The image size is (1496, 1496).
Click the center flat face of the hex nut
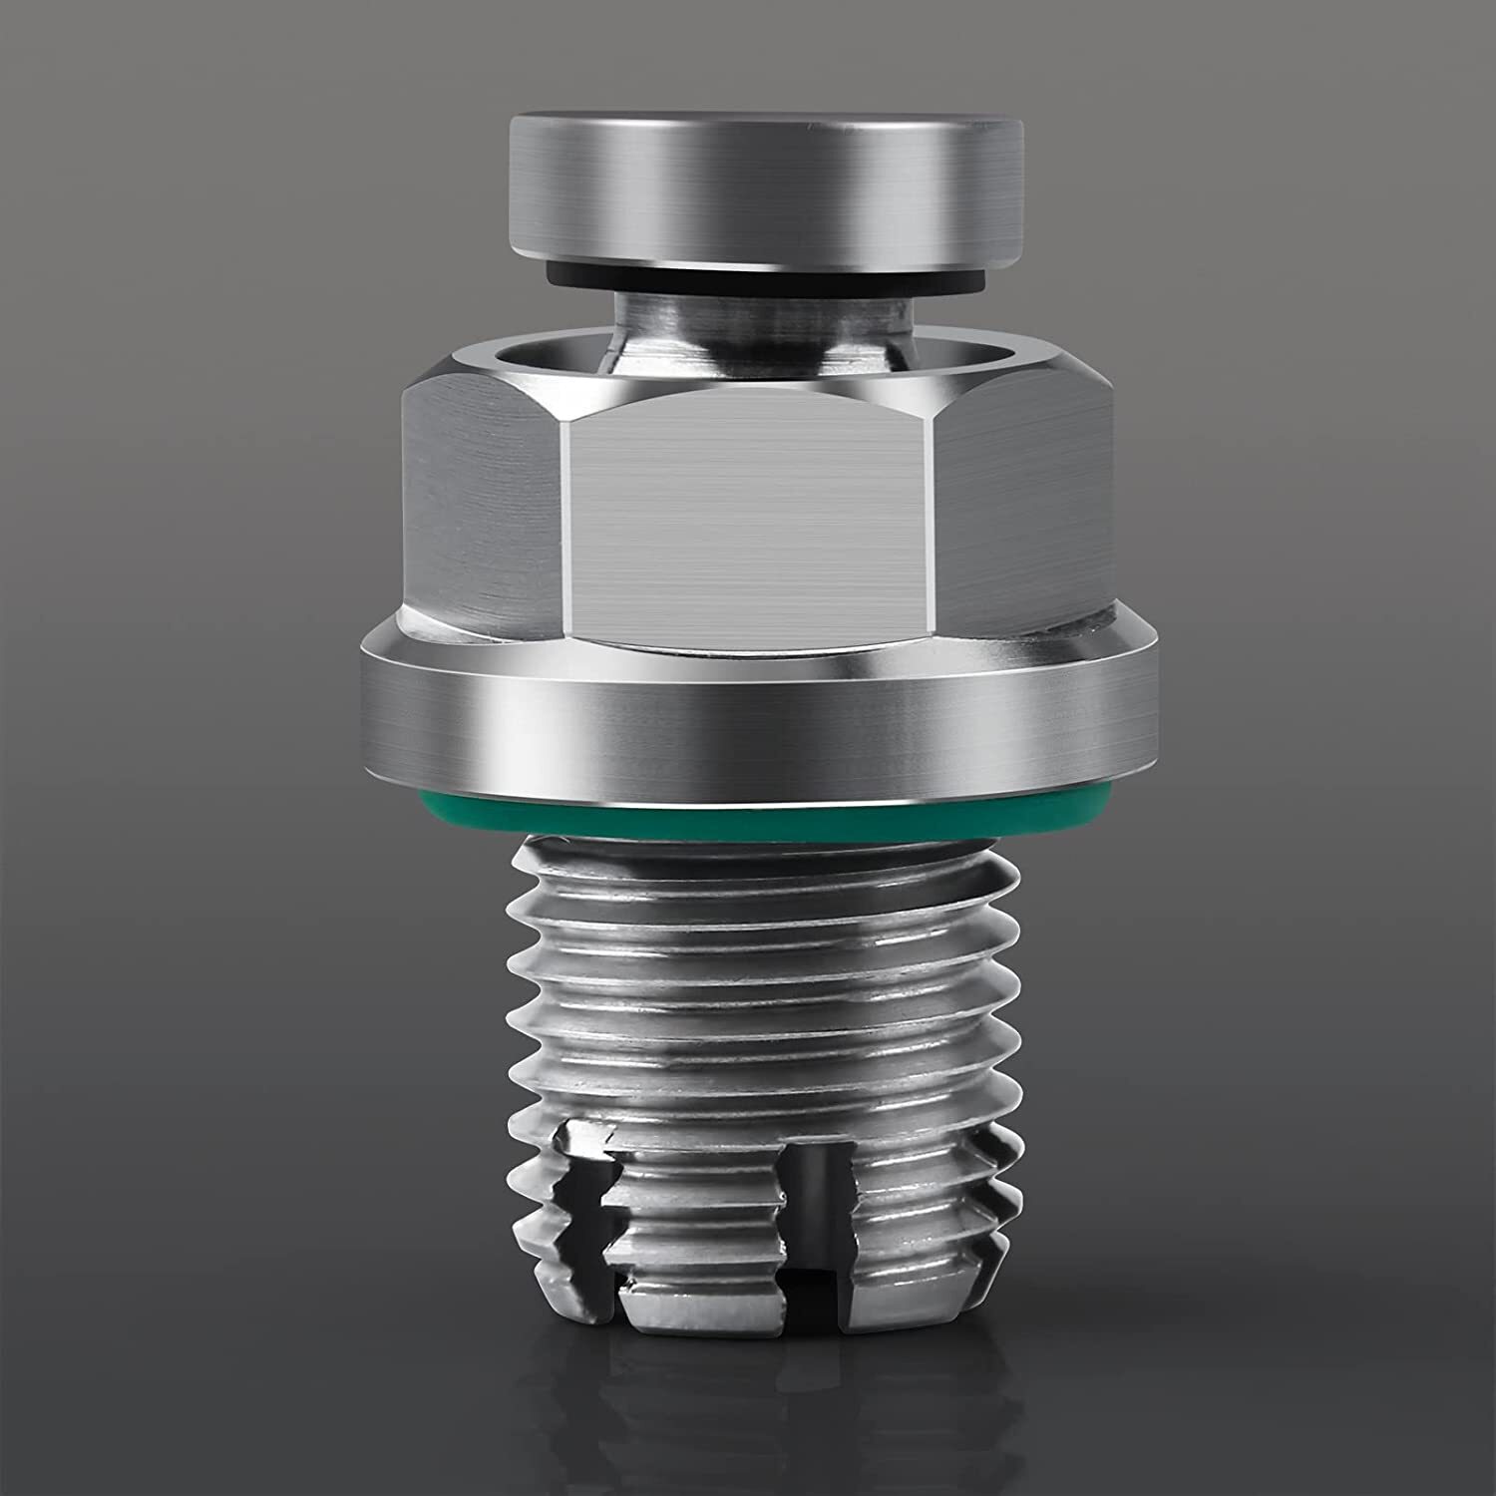click(754, 519)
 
